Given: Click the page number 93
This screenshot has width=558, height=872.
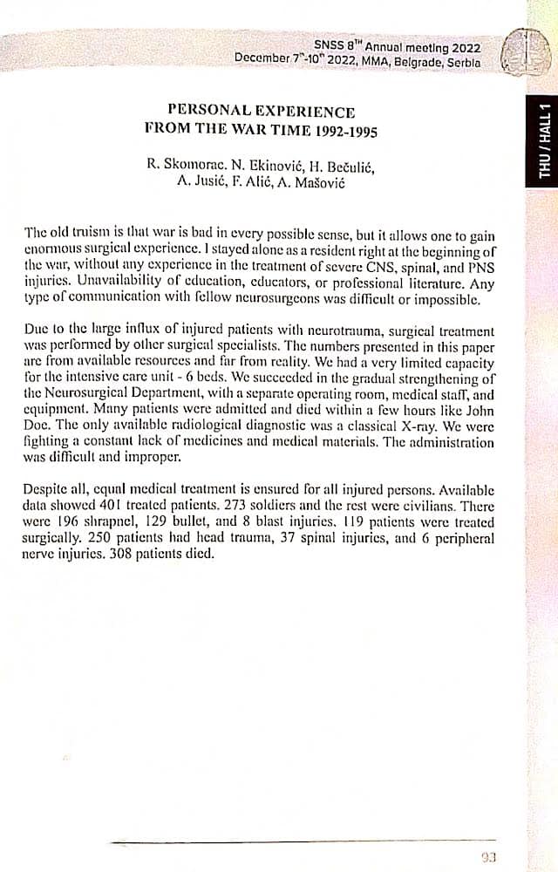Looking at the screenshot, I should point(489,856).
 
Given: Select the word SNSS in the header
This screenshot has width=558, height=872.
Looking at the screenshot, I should point(330,44).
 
